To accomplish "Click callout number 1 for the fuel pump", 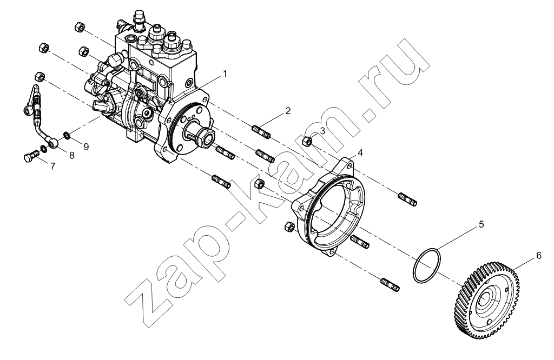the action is pyautogui.click(x=224, y=74).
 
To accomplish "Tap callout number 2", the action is pyautogui.click(x=288, y=111).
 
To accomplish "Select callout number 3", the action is pyautogui.click(x=322, y=131).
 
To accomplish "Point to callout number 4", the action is pyautogui.click(x=360, y=152).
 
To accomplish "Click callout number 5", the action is pyautogui.click(x=481, y=224).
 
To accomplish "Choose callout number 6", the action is pyautogui.click(x=539, y=255).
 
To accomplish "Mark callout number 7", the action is pyautogui.click(x=52, y=166).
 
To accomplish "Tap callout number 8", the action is pyautogui.click(x=72, y=155).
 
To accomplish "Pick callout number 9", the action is pyautogui.click(x=86, y=146).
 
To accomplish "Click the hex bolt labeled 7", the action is pyautogui.click(x=31, y=156).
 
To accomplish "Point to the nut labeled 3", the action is pyautogui.click(x=307, y=142).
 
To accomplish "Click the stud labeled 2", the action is pyautogui.click(x=262, y=132).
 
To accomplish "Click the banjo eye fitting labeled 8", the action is pyautogui.click(x=53, y=143).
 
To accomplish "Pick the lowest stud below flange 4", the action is pyautogui.click(x=390, y=284).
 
